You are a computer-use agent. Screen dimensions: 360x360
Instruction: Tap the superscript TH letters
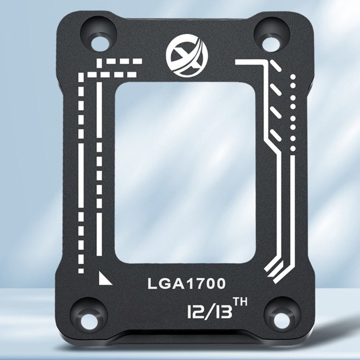[240, 301]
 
